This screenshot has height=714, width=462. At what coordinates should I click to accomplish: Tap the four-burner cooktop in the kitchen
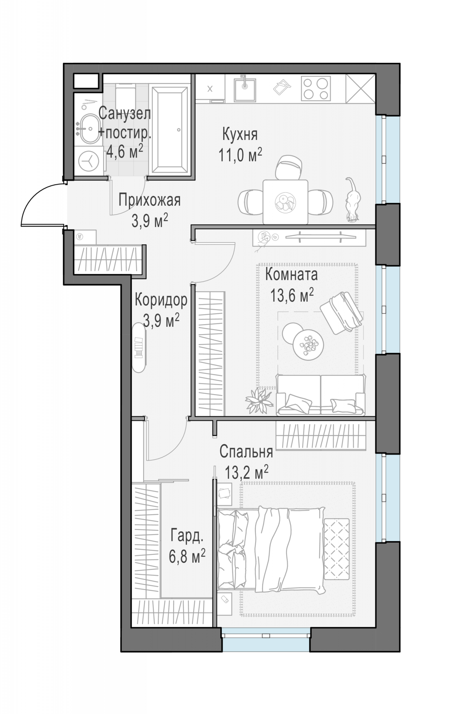coord(316,89)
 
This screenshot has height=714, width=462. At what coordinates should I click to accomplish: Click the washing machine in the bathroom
coord(88,161)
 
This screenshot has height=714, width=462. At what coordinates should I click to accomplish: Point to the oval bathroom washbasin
coord(89,129)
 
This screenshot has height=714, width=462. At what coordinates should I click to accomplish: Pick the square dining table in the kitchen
coord(285,202)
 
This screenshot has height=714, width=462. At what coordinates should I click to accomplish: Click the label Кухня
coord(240,135)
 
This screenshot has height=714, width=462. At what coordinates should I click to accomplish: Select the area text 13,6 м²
coord(292,295)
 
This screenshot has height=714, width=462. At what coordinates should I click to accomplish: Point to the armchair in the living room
coord(342,312)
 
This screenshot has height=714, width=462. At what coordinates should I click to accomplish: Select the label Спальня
coord(246,452)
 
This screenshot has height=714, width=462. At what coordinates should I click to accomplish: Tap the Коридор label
coord(161,300)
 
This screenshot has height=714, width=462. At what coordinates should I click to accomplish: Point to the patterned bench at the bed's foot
coord(336,549)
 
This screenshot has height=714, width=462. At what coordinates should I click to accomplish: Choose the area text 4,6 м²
coord(125,152)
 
